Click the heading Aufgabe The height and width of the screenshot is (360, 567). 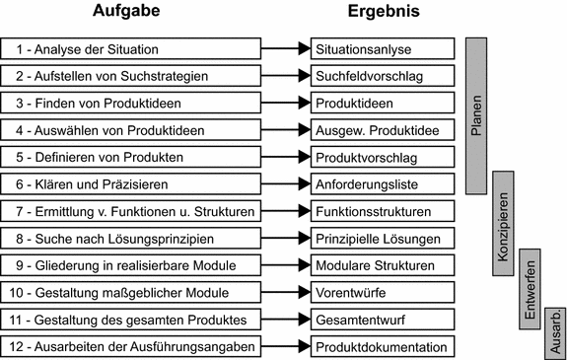(x=132, y=13)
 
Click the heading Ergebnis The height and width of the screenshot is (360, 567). (x=383, y=13)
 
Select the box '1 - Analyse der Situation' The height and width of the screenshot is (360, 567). (x=131, y=48)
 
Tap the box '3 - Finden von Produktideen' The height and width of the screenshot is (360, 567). (x=131, y=103)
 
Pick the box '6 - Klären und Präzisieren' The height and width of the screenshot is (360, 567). (x=131, y=183)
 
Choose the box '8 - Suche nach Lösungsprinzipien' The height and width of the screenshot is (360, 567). (x=131, y=238)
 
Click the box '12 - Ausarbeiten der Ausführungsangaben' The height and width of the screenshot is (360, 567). (x=131, y=346)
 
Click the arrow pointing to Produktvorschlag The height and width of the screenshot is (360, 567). (x=285, y=157)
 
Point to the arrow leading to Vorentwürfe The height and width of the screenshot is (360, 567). (x=285, y=292)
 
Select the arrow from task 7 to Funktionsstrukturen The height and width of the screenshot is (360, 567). (x=285, y=211)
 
